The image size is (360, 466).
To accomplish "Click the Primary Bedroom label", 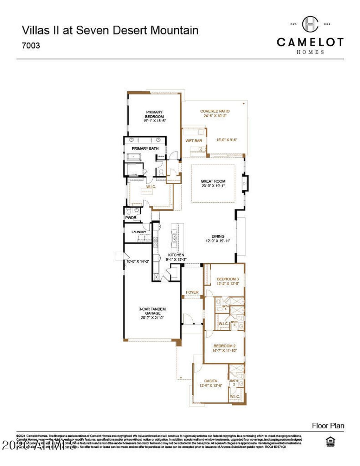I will pyautogui.click(x=154, y=114).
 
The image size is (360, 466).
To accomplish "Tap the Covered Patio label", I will pyautogui.click(x=215, y=111).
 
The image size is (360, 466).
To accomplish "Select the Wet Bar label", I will pyautogui.click(x=194, y=141).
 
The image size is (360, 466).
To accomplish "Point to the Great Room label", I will pyautogui.click(x=213, y=181).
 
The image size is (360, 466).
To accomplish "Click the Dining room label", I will pyautogui.click(x=218, y=237).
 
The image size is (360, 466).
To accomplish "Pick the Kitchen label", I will pyautogui.click(x=176, y=255).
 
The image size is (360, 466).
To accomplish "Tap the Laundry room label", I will pyautogui.click(x=139, y=232).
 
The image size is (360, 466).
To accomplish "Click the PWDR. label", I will pyautogui.click(x=131, y=218).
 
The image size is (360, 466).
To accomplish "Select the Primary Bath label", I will pyautogui.click(x=145, y=149).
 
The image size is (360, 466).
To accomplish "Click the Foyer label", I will pyautogui.click(x=192, y=292).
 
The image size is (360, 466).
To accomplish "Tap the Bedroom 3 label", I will pyautogui.click(x=228, y=279).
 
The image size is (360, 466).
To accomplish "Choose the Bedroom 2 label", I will pyautogui.click(x=225, y=346).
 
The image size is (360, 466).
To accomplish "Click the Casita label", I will pyautogui.click(x=211, y=381).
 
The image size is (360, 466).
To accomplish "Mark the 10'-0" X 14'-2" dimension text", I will pyautogui.click(x=138, y=261).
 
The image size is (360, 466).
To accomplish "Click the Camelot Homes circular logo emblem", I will pyautogui.click(x=310, y=24).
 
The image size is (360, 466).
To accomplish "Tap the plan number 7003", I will pyautogui.click(x=31, y=46).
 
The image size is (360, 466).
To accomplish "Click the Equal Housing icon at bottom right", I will pyautogui.click(x=330, y=441).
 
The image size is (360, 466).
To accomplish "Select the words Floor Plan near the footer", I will pyautogui.click(x=328, y=426).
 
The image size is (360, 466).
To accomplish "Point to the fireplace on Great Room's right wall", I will pyautogui.click(x=245, y=183).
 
